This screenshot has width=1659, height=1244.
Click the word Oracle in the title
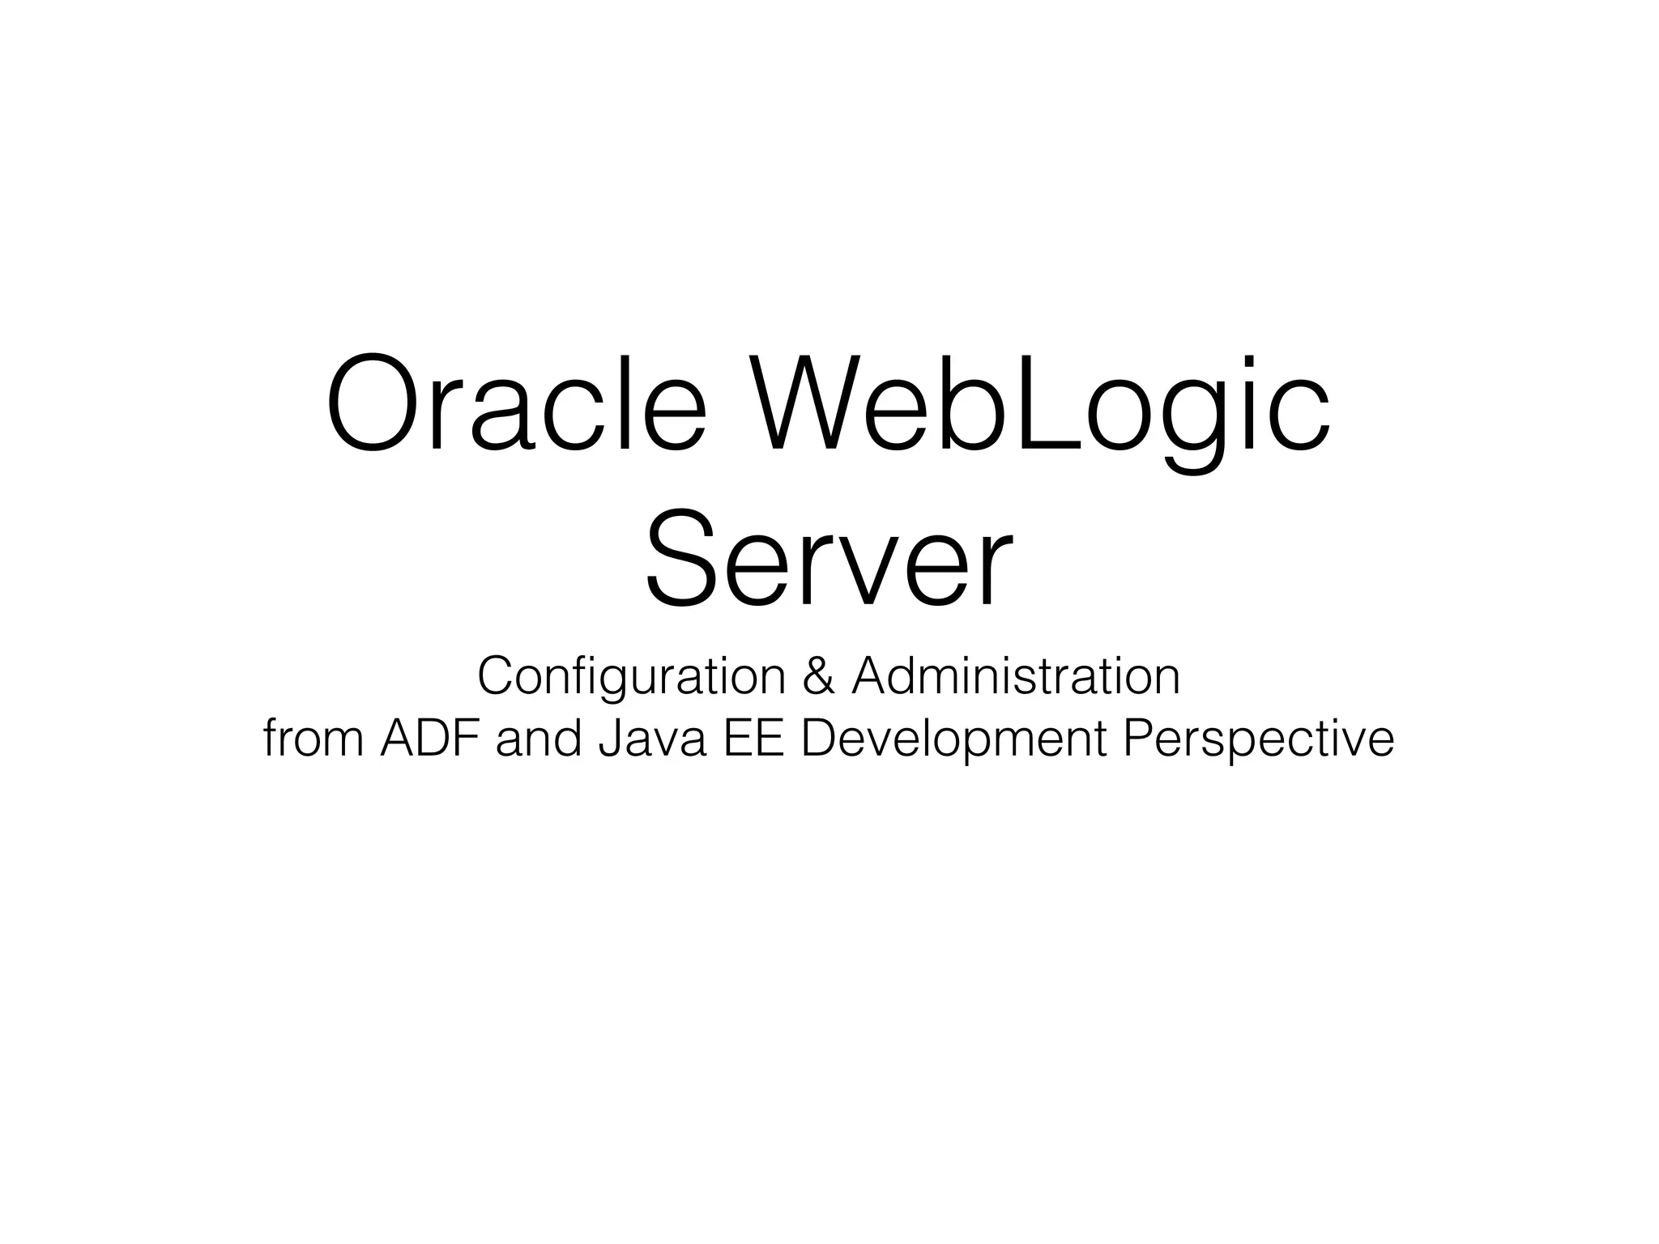click(x=516, y=403)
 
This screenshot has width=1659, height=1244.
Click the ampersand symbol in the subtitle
click(x=818, y=677)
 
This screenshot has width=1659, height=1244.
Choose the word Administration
click(x=1016, y=677)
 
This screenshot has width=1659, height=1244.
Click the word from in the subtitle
click(x=313, y=739)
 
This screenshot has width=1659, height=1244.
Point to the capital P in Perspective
click(x=1137, y=739)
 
